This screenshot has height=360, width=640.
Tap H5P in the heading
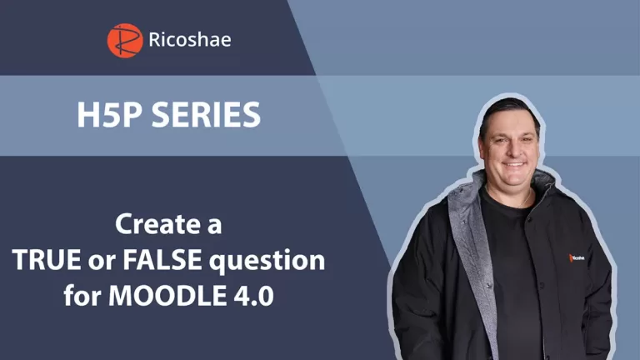click(105, 115)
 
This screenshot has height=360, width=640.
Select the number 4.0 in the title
click(254, 297)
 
